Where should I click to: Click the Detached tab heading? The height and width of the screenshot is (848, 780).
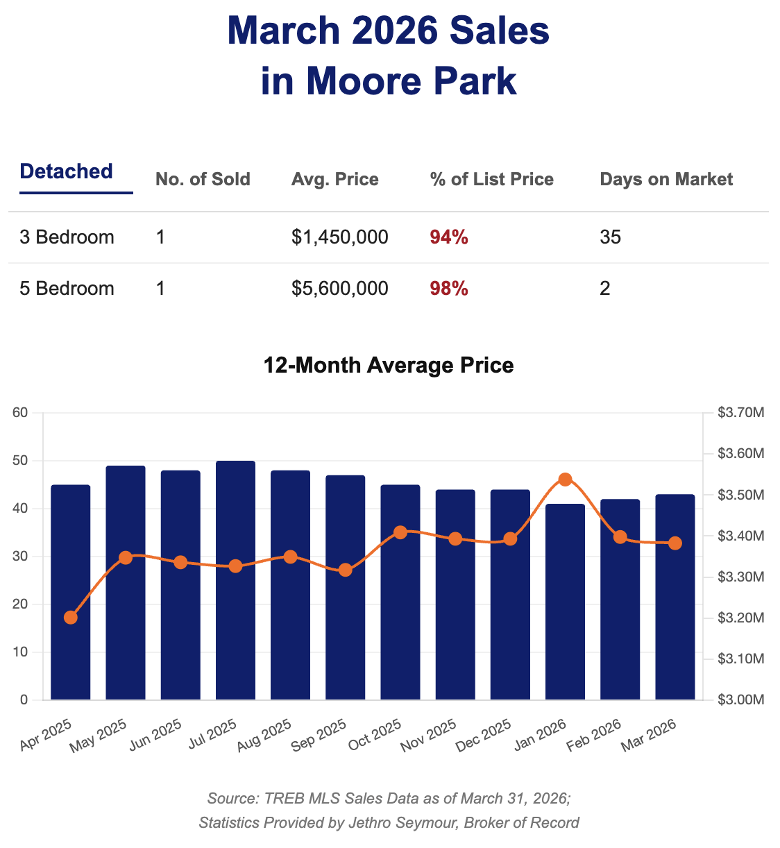[67, 171]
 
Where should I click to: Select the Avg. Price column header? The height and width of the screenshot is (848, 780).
[335, 180]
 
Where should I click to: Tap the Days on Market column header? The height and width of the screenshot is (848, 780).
[666, 180]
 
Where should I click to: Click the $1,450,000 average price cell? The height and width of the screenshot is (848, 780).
[340, 237]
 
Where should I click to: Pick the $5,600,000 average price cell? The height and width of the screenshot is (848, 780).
[340, 289]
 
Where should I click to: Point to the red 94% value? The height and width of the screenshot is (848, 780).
[449, 237]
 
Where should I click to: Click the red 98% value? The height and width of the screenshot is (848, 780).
[449, 289]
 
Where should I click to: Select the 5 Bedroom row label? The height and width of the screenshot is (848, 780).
[67, 289]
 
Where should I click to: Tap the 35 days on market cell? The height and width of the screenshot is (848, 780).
[610, 237]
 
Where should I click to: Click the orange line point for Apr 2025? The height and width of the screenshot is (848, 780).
[71, 618]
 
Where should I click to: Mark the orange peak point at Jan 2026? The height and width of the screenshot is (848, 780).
[565, 480]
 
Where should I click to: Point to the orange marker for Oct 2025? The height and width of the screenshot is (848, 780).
[400, 532]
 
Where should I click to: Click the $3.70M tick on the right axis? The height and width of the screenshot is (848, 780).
[740, 414]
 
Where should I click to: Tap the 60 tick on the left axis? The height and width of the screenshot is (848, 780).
[20, 414]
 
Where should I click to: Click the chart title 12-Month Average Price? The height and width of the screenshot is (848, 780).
[389, 365]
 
